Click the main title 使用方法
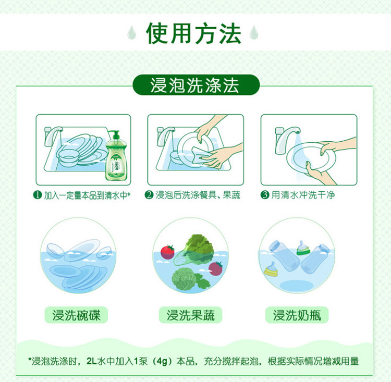coord(193,33)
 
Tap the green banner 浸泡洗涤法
coord(196,85)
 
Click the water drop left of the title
coord(131,32)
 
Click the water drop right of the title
coord(254,32)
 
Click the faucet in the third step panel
coord(286,139)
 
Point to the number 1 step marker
coord(38,195)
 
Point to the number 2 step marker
coord(149,195)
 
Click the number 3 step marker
coord(265,195)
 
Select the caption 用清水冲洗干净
coord(303,195)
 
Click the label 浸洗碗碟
coord(76,315)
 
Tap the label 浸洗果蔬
coord(190,315)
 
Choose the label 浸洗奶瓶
coord(297,315)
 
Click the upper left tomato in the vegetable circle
coord(167,252)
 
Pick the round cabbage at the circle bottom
coord(185,279)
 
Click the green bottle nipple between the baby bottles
coord(303,248)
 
